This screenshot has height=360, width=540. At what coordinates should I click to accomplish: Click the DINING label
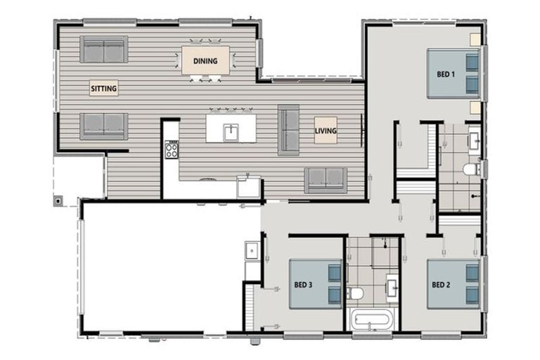(x=205, y=60)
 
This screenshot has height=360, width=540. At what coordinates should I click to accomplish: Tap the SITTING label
(x=103, y=88)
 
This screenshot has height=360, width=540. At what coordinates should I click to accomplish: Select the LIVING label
(x=326, y=130)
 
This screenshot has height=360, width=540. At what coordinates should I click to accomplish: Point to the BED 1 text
(x=446, y=74)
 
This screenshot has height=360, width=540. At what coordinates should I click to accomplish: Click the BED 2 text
(x=441, y=285)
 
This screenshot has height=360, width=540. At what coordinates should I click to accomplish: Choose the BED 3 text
(x=304, y=285)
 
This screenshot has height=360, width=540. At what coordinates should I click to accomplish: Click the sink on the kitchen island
(x=231, y=130)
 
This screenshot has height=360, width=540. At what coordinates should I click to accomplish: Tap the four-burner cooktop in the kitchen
(x=172, y=148)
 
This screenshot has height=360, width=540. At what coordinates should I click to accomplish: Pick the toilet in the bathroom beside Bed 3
(x=356, y=292)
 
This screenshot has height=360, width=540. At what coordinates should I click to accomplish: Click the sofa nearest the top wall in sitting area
(x=103, y=49)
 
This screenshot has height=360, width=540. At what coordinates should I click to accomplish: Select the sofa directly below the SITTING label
(x=103, y=125)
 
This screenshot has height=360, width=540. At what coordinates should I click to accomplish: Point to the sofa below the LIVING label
(x=326, y=180)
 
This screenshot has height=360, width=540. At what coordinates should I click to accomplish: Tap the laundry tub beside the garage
(x=251, y=249)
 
